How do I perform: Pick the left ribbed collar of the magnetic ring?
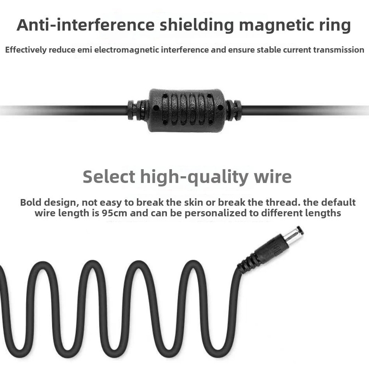tap(136, 110)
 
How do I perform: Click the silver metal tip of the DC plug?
tap(295, 234)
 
